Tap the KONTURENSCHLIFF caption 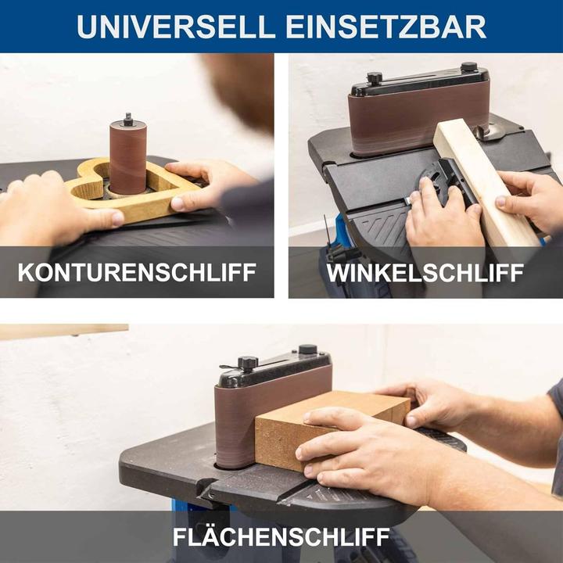[x=137, y=272]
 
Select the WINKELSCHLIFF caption [x=425, y=272]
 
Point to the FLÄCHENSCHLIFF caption [x=281, y=537]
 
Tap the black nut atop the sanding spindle [x=127, y=120]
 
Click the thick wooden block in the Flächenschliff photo [x=328, y=426]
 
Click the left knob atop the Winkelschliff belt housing [x=375, y=78]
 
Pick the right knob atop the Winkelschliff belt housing [x=468, y=67]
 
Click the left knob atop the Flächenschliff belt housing [x=248, y=363]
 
